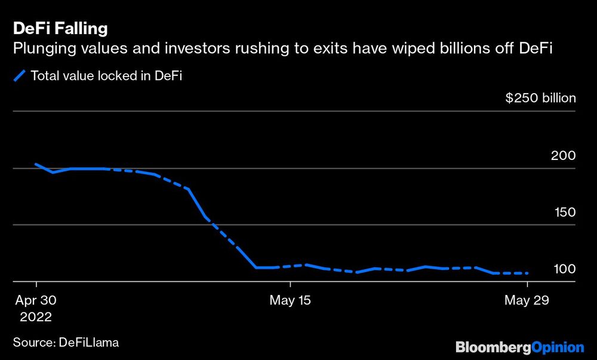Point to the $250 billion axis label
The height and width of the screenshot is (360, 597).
click(540, 98)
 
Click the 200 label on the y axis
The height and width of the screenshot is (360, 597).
click(563, 155)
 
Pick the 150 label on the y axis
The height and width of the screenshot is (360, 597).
click(563, 212)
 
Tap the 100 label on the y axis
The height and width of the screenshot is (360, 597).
click(563, 269)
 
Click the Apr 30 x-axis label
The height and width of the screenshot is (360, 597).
click(36, 300)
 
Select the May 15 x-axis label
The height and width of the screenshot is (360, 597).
click(290, 300)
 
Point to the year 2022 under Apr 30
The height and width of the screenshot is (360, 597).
click(36, 316)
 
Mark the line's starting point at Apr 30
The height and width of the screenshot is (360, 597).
click(36, 164)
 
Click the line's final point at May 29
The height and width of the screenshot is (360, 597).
click(528, 273)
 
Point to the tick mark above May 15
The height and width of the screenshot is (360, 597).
click(290, 285)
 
